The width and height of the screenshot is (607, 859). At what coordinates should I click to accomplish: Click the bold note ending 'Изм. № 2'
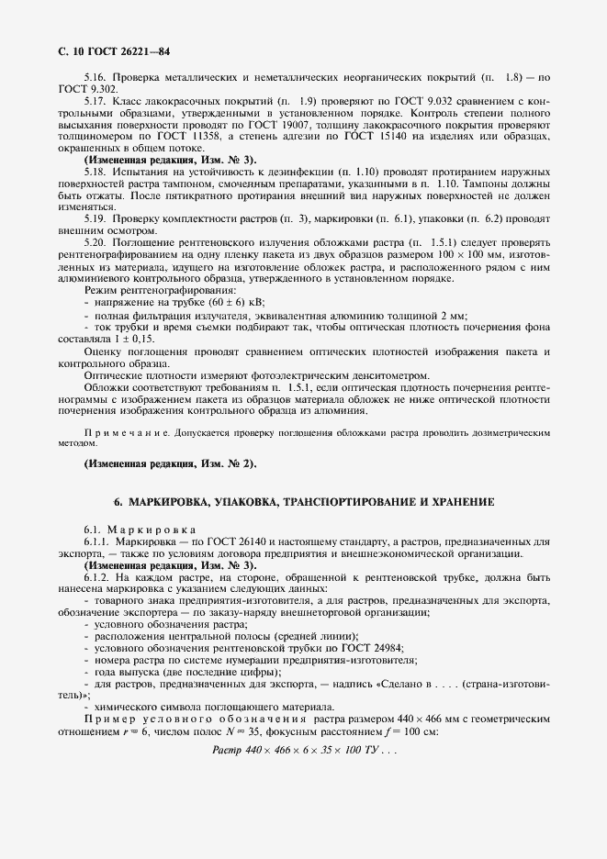tap(171, 463)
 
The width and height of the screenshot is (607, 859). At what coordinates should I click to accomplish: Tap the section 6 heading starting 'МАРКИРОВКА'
tap(304, 503)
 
